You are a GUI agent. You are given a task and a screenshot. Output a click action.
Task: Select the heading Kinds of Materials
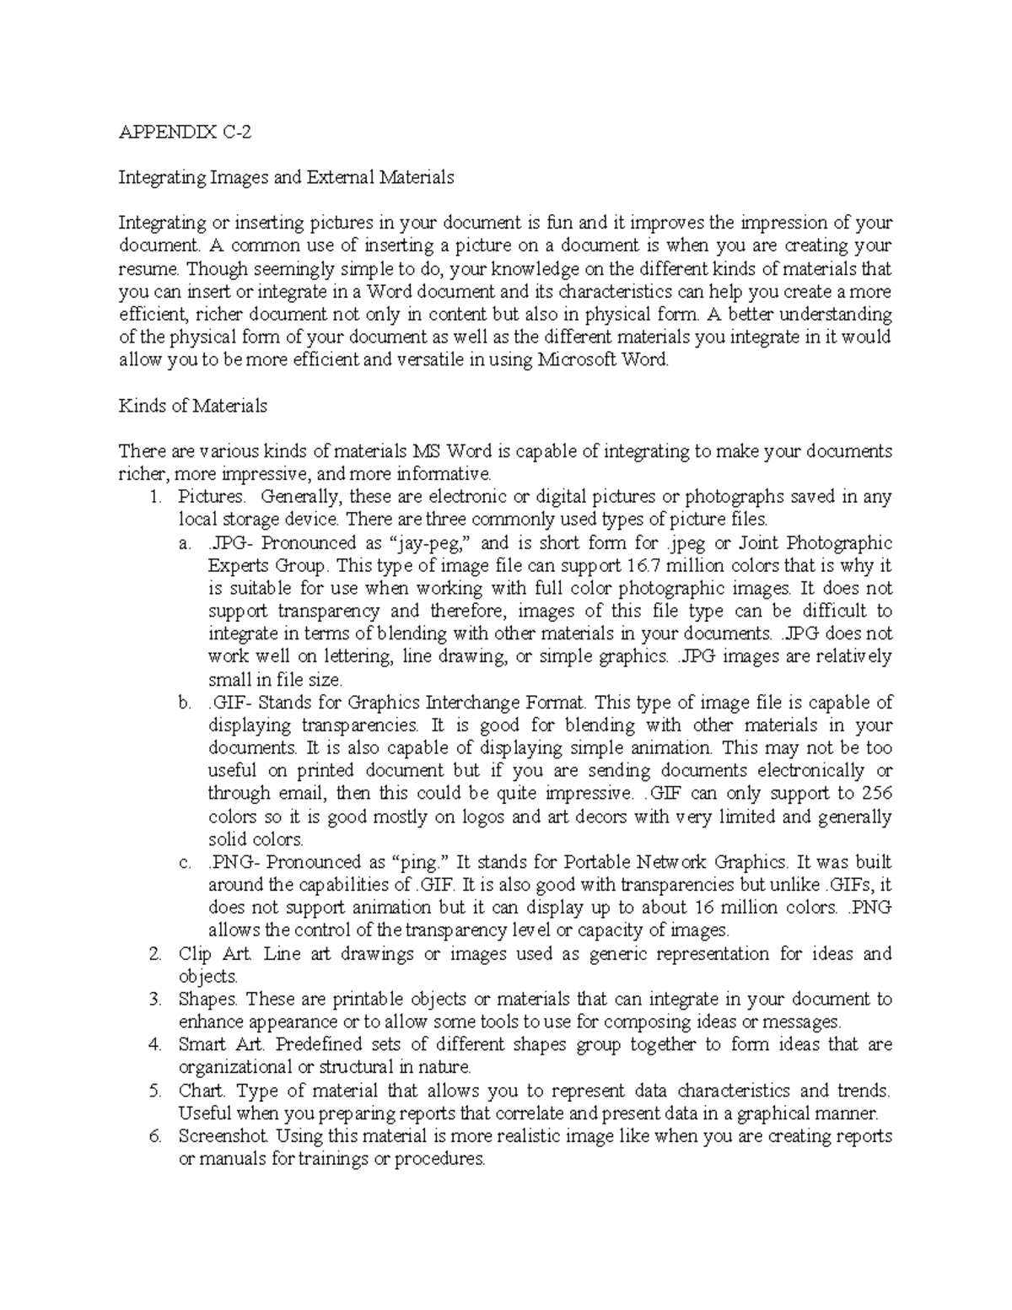pos(192,406)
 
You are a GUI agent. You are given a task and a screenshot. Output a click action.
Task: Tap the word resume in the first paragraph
pos(148,269)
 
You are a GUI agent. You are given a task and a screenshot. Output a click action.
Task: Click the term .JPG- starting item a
pos(233,542)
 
